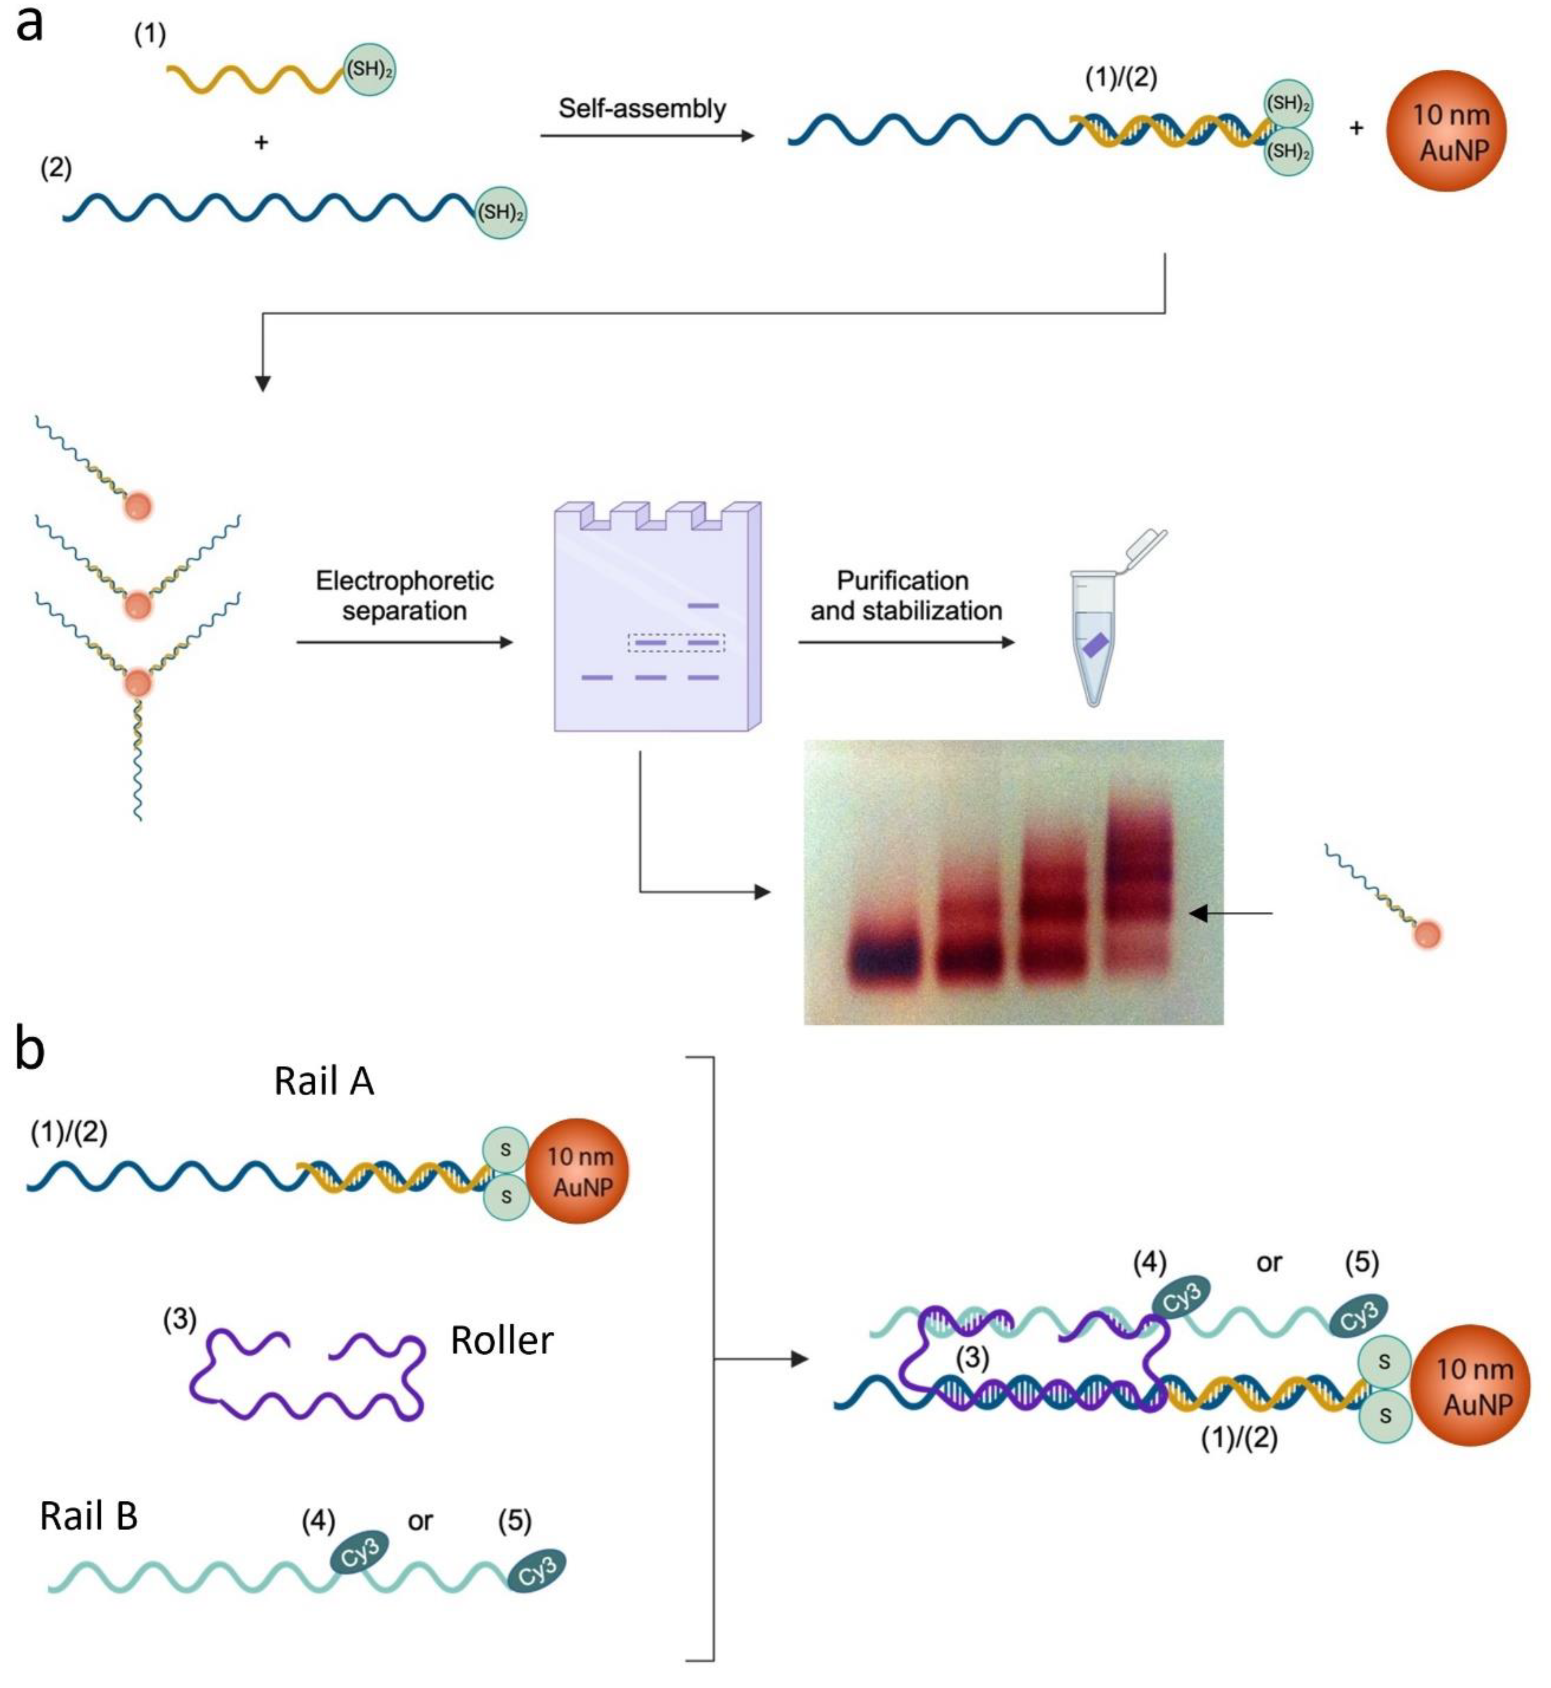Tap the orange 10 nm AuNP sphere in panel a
click(x=1445, y=131)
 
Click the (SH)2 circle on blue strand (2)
click(x=501, y=212)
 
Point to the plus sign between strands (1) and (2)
click(x=261, y=143)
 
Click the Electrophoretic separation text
click(x=404, y=595)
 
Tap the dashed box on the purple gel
click(x=676, y=643)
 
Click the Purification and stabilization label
click(x=906, y=595)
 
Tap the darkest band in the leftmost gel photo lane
click(x=884, y=958)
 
